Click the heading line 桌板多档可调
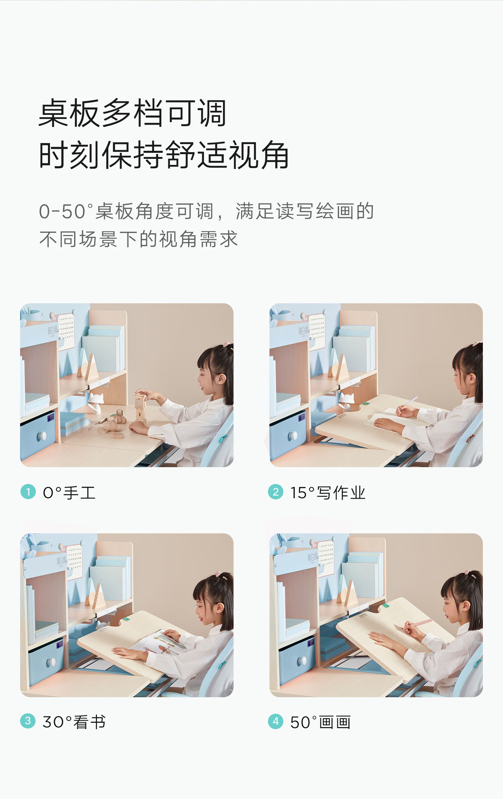point(132,113)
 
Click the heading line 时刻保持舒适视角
point(164,155)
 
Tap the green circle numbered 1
point(28,492)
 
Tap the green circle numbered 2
point(276,492)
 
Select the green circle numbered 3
point(28,721)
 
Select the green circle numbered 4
point(276,721)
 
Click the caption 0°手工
point(69,493)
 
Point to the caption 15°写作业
point(328,493)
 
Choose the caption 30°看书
point(74,722)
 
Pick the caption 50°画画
point(321,722)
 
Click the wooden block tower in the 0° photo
point(141,407)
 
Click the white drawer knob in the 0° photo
point(42,436)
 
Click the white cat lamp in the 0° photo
point(96,402)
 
